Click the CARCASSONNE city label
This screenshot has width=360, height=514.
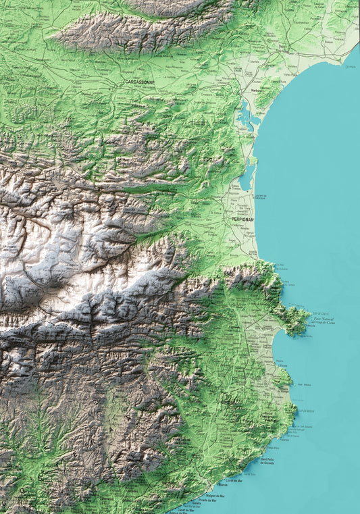pos(140,82)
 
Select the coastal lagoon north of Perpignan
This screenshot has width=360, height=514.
pos(248,176)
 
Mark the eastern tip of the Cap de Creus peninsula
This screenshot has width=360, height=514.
pos(310,322)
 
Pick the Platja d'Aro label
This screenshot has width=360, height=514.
pos(273,447)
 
